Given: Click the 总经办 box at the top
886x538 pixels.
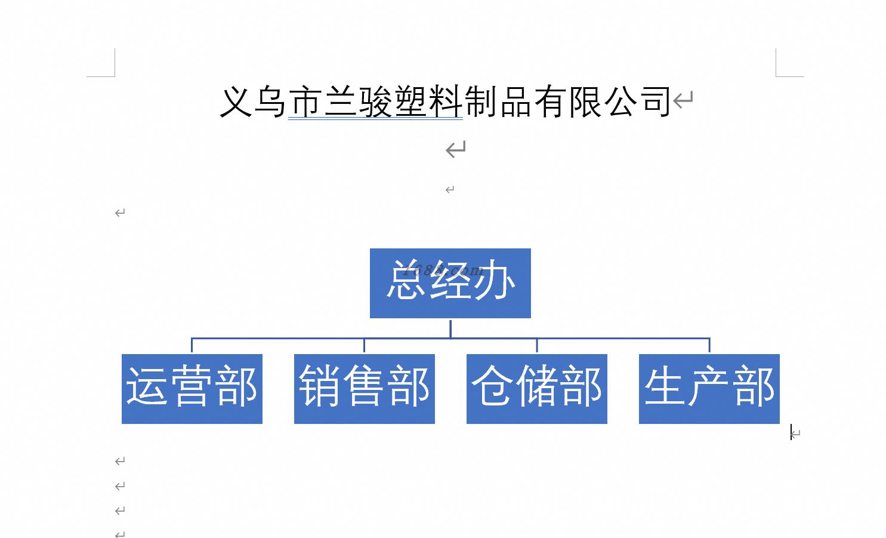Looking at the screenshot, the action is tap(450, 283).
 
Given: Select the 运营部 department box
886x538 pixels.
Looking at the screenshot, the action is tap(192, 389).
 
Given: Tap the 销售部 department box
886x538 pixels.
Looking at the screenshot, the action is tap(365, 389).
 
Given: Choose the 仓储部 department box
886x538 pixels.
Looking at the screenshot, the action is tap(537, 389).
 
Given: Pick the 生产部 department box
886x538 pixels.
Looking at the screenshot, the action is tap(709, 389).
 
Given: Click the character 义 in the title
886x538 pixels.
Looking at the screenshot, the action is tap(236, 102).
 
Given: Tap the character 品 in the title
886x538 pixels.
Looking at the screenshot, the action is tap(515, 102).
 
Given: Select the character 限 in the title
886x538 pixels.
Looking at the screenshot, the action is tap(585, 102).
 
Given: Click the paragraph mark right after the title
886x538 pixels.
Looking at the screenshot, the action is tap(683, 99).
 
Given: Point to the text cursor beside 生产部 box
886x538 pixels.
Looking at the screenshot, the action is tap(791, 432).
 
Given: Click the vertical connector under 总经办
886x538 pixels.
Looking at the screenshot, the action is tap(450, 328).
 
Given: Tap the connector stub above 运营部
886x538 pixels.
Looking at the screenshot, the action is tap(192, 345).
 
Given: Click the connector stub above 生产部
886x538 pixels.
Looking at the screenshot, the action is tap(709, 345).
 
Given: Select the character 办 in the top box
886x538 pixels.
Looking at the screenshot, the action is tap(495, 280).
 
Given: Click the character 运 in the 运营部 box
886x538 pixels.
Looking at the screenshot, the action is tap(146, 386).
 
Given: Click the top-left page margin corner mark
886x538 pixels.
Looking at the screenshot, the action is tap(115, 76).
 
